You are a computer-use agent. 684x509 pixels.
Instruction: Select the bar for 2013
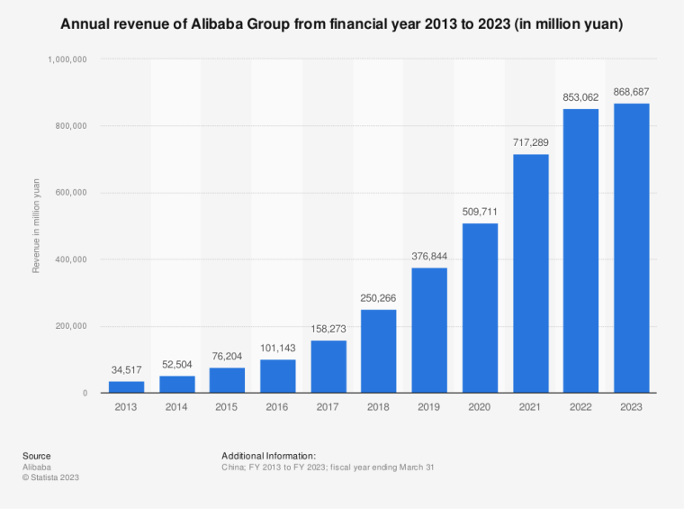click(126, 387)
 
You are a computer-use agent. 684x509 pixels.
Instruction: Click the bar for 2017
click(328, 367)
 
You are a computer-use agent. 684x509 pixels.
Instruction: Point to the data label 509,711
click(480, 213)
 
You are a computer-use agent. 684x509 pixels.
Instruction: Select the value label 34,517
click(126, 370)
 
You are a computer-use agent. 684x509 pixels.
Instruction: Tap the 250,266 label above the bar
click(379, 299)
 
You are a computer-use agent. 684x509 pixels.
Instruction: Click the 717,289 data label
click(530, 144)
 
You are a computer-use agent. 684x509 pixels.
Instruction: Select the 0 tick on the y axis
click(84, 394)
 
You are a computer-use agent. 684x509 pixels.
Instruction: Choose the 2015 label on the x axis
click(227, 408)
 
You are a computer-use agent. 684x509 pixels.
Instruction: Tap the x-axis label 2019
click(429, 408)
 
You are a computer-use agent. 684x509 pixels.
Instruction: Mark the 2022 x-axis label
click(580, 408)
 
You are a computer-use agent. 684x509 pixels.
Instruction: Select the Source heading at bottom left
click(37, 456)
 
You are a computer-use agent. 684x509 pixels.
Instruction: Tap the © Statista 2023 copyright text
click(51, 477)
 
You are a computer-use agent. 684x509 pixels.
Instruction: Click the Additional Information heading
click(268, 456)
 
